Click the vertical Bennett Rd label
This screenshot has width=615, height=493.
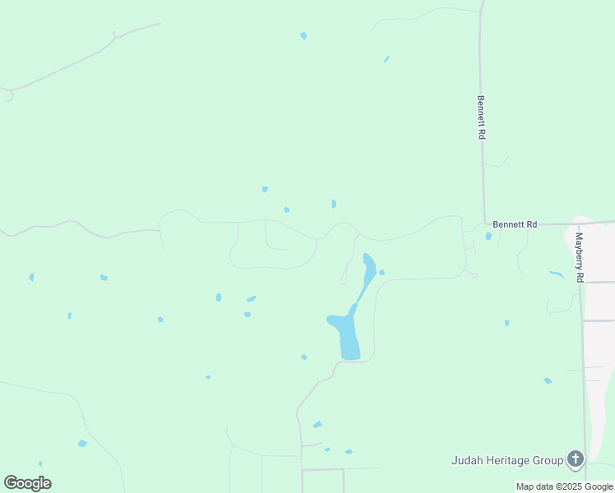coord(481,117)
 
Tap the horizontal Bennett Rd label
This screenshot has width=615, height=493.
coord(515,223)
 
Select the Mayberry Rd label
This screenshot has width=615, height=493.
coord(579,258)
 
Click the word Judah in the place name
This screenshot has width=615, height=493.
coord(468,460)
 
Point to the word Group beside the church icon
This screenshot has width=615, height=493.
coord(546,460)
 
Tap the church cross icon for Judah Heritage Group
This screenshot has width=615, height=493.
coord(576,459)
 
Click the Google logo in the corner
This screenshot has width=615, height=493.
coord(27,483)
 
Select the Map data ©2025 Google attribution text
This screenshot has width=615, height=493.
coord(565,486)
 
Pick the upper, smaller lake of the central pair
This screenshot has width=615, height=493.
coord(369,266)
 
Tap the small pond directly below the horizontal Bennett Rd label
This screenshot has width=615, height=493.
coord(488,237)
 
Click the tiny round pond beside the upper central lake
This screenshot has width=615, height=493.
coord(381,272)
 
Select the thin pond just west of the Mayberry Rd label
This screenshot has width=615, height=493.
coord(557,274)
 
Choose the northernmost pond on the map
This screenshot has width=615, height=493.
coord(303,35)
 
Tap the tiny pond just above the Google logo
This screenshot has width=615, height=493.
coord(40,464)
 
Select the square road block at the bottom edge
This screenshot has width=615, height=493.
coord(322,481)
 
